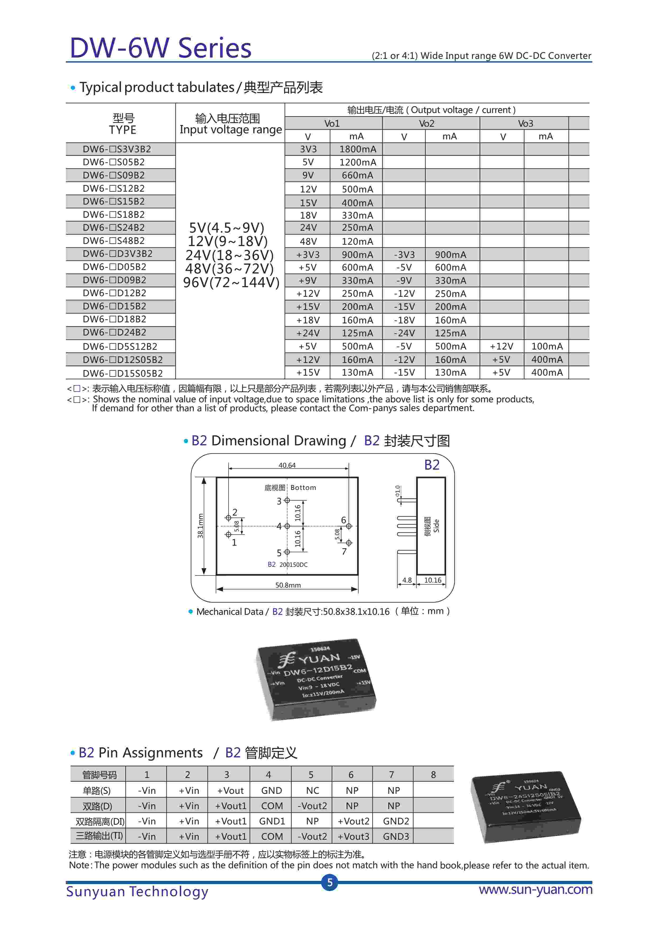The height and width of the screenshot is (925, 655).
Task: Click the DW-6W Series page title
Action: [161, 48]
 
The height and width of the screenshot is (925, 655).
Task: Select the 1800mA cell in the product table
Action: [357, 149]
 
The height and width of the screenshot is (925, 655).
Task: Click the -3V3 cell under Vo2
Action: [404, 255]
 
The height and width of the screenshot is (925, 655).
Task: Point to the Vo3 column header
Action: [525, 123]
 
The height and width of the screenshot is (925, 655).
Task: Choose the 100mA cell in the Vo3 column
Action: [546, 346]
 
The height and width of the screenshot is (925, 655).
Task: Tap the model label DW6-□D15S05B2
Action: [123, 373]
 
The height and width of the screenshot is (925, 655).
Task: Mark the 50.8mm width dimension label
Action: [288, 585]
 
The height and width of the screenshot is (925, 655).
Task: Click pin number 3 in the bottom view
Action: [279, 501]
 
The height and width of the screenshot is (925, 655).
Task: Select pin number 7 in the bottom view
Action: [344, 551]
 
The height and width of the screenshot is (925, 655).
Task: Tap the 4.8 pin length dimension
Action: [407, 580]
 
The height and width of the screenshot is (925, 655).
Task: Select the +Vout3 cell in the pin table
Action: [353, 836]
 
